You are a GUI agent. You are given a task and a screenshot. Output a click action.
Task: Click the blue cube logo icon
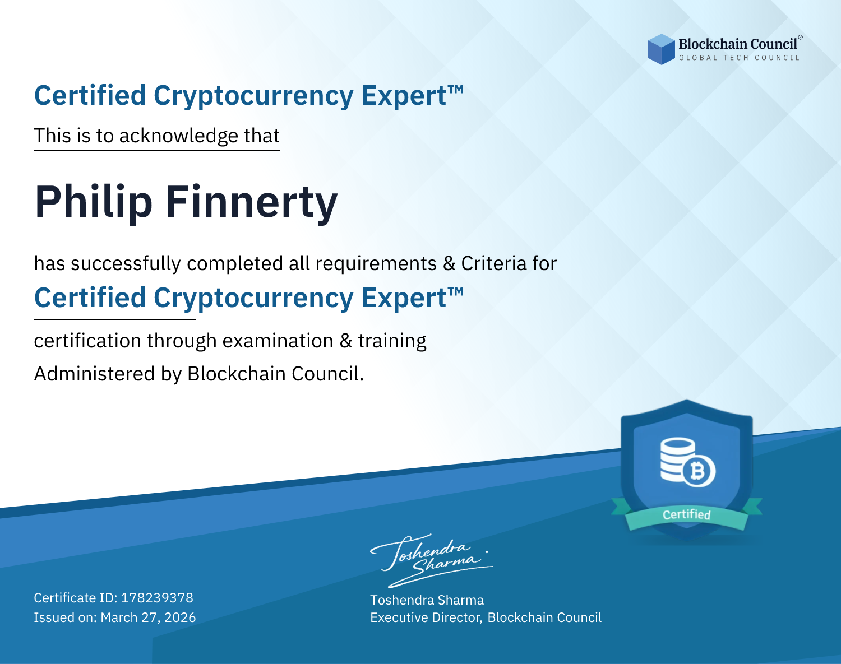coord(661,49)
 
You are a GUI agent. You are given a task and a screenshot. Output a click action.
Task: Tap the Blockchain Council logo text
coord(738,44)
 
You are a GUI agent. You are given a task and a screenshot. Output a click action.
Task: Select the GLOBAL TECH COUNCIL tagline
coord(739,58)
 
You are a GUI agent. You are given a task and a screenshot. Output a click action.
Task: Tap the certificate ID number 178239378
coord(157,597)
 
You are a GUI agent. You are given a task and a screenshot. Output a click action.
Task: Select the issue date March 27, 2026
coord(148,617)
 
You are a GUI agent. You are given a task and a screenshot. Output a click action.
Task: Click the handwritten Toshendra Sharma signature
coord(432,560)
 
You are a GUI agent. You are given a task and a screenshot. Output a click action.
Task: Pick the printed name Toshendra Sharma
coord(427,600)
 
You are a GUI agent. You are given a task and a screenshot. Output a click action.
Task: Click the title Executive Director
coord(426,617)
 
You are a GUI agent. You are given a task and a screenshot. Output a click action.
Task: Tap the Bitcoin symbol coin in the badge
coord(698,471)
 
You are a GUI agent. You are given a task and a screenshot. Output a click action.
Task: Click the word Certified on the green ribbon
coord(687,515)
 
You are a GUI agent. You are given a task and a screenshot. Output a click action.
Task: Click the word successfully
coord(126,264)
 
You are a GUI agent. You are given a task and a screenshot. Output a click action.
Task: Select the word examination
coord(278,341)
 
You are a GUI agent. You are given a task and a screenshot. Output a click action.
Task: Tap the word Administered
coord(94,374)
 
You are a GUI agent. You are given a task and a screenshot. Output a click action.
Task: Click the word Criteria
coord(493,263)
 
